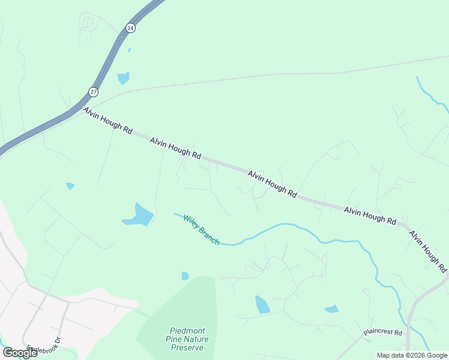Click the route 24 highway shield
click(130, 28)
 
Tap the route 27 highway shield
click(93, 91)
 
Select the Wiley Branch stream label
click(201, 230)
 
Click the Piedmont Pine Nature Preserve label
click(188, 338)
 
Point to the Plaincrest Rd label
click(385, 332)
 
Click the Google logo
click(19, 353)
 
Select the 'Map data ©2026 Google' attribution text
click(412, 355)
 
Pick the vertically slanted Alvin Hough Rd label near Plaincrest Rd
click(428, 248)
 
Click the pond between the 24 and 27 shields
click(124, 78)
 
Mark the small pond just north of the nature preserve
click(185, 276)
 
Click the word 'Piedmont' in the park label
click(188, 330)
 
